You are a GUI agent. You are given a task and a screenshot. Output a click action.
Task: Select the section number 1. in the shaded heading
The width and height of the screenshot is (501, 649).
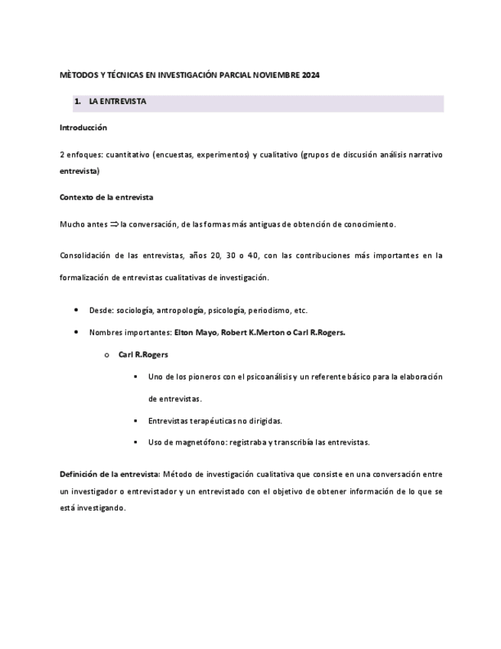(x=77, y=101)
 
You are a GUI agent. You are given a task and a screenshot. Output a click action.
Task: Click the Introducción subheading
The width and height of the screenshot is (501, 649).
(x=83, y=127)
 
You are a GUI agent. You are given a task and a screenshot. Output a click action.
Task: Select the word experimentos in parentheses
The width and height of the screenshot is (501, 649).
(x=223, y=154)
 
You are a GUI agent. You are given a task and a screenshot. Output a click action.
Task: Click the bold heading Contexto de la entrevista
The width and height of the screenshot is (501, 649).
(x=106, y=197)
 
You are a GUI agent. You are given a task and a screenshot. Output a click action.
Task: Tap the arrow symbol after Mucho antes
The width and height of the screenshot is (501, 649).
(x=114, y=224)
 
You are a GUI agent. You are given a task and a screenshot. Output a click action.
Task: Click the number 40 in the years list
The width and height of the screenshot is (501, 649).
(x=249, y=255)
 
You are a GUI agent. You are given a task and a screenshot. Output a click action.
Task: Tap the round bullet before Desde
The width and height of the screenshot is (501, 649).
(x=76, y=310)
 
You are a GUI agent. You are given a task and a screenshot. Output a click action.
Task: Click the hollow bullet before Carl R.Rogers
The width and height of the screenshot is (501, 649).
(x=106, y=355)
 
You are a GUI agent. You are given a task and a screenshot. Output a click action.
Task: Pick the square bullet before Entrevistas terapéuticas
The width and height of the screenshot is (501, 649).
(x=135, y=421)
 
